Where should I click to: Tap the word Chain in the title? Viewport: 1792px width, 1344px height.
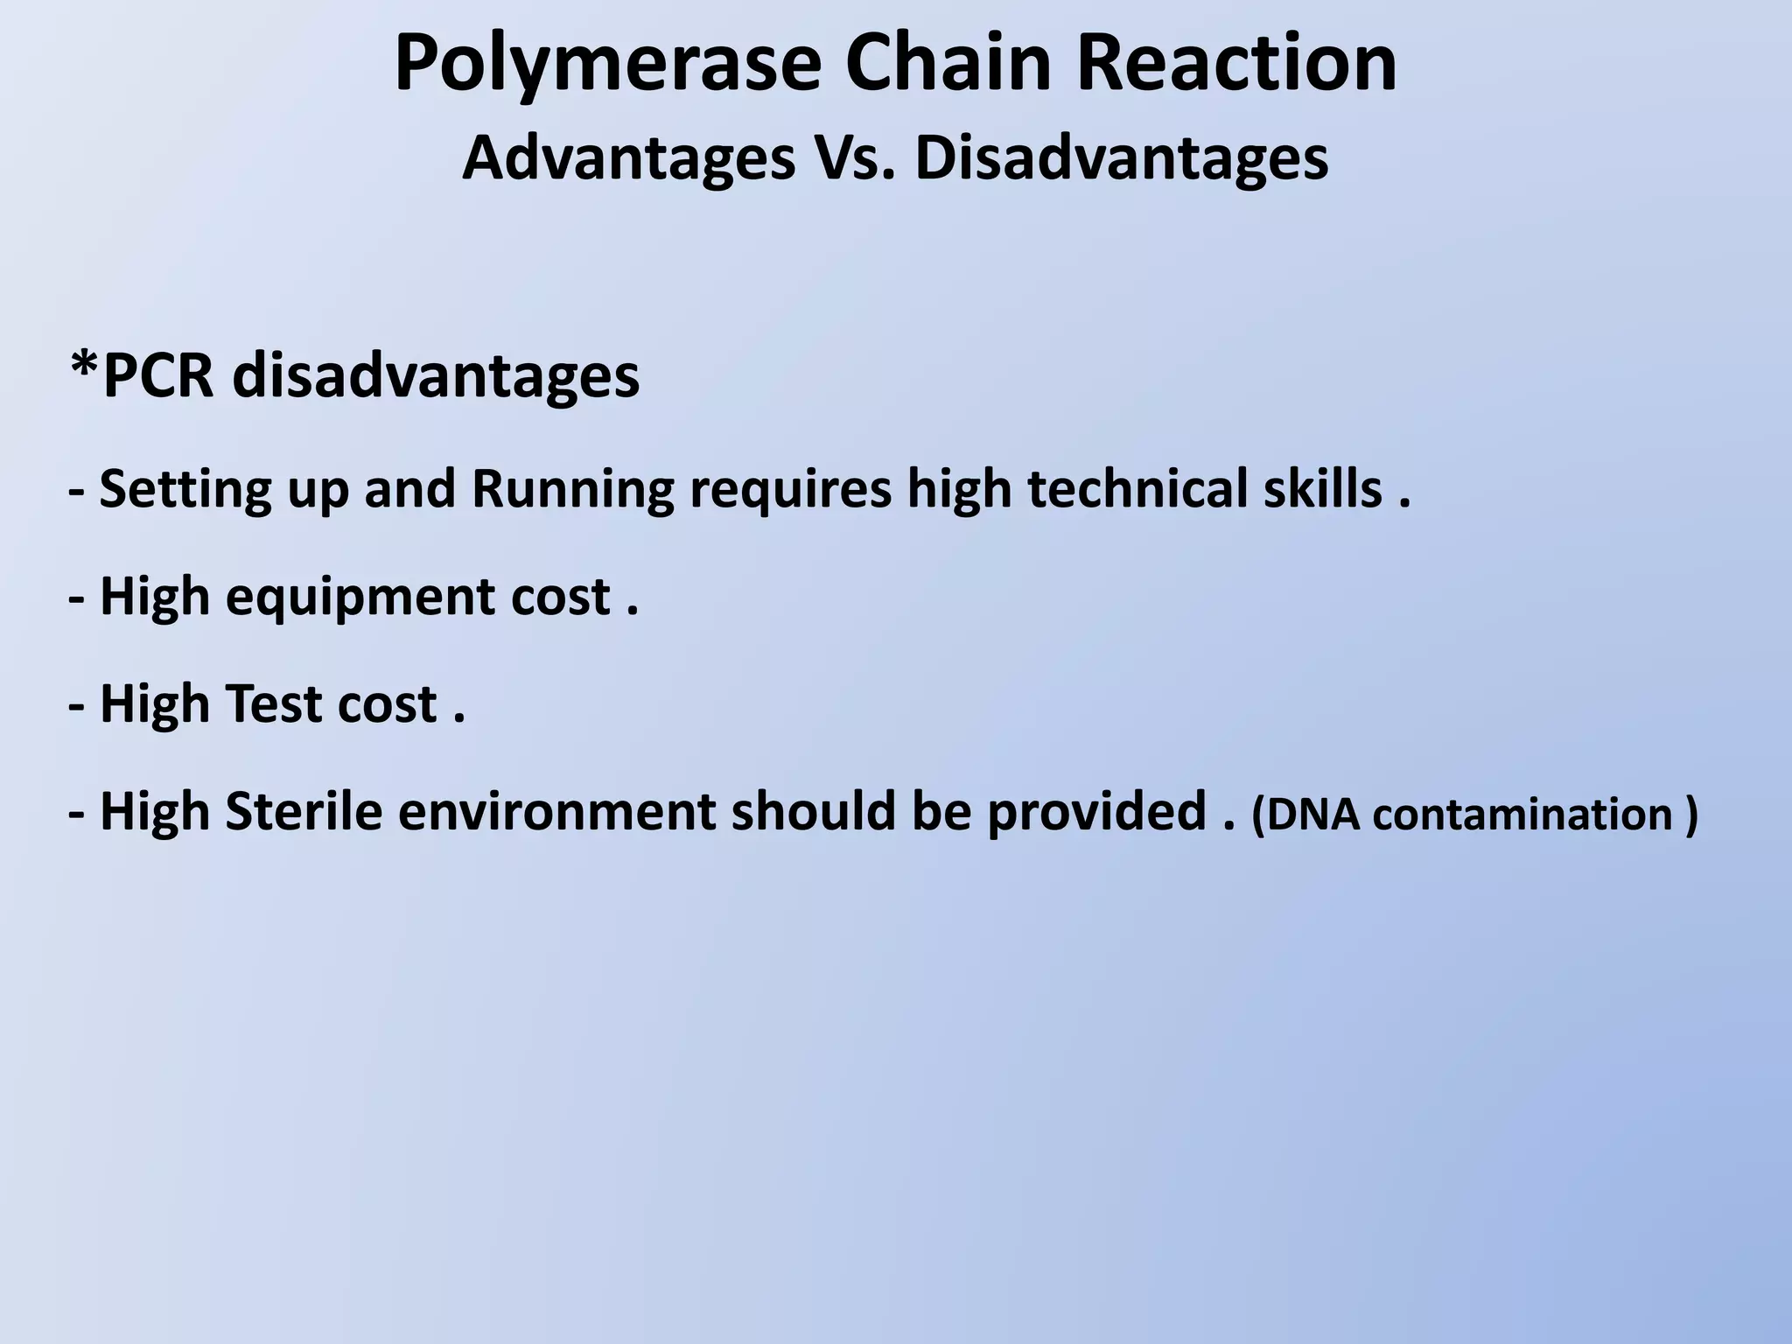coord(947,63)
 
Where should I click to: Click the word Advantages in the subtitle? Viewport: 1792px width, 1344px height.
coord(628,160)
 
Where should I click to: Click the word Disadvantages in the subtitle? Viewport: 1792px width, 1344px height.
coord(1122,158)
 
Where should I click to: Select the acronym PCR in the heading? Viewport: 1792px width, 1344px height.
coord(158,375)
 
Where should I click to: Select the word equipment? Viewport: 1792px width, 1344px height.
coord(360,599)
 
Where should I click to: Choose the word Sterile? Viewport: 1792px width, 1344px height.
coord(304,811)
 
